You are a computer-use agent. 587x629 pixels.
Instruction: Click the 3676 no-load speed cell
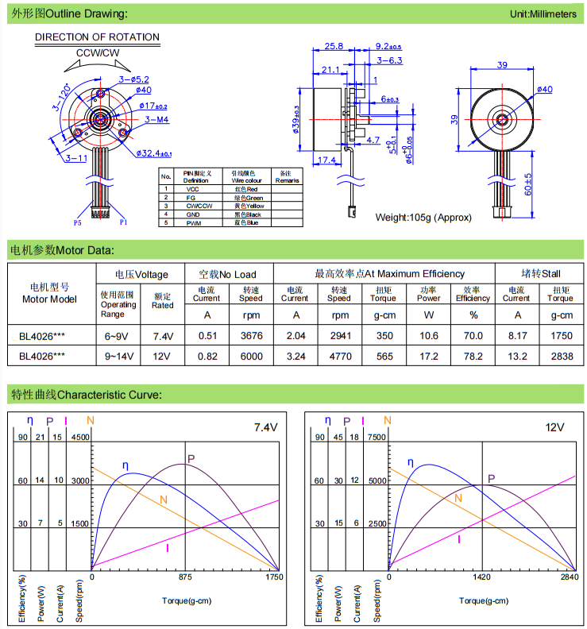pos(251,335)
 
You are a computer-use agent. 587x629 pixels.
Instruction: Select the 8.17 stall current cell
pos(516,335)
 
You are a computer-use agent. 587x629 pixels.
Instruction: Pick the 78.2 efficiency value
pos(473,357)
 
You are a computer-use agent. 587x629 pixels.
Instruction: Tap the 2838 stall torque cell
pos(560,357)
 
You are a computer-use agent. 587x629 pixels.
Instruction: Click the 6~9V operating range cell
pos(118,335)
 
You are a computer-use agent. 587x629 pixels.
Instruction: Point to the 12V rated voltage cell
pos(162,357)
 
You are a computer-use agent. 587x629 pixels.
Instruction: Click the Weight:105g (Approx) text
pos(423,217)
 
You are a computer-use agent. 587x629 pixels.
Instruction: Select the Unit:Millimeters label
pos(543,14)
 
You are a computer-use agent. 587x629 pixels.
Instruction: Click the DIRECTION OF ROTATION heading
pos(97,37)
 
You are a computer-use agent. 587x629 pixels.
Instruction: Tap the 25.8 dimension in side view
pos(334,46)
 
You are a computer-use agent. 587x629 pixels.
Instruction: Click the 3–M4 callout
pos(156,120)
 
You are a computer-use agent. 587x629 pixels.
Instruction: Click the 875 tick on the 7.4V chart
pos(185,578)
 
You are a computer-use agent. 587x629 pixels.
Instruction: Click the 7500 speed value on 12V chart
pos(377,437)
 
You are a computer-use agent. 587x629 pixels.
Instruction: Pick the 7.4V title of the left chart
pos(265,427)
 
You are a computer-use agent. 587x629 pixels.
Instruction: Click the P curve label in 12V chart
pos(491,478)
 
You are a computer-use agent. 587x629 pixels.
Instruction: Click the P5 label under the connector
pos(78,224)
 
